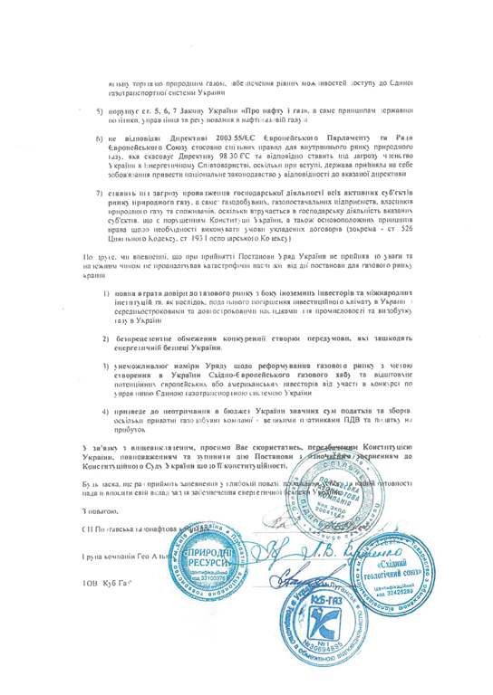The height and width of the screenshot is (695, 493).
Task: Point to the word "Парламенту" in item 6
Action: (x=334, y=138)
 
